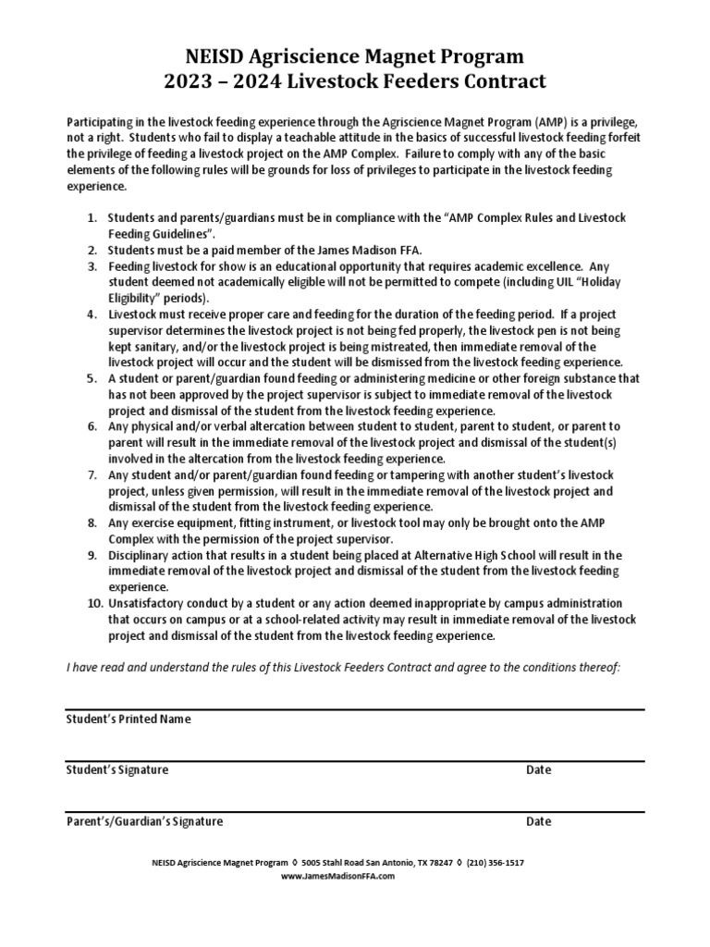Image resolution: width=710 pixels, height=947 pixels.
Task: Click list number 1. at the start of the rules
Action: [92, 217]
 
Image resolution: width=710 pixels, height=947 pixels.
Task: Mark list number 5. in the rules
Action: [92, 378]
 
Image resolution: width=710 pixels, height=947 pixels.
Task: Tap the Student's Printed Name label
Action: [129, 719]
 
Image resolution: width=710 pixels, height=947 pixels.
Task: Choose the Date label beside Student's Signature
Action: [538, 769]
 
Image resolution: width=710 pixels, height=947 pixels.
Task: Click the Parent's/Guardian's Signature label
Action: [144, 821]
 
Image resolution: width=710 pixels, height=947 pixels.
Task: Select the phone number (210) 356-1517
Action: [495, 862]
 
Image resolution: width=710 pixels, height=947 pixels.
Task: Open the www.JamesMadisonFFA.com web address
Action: [337, 876]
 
